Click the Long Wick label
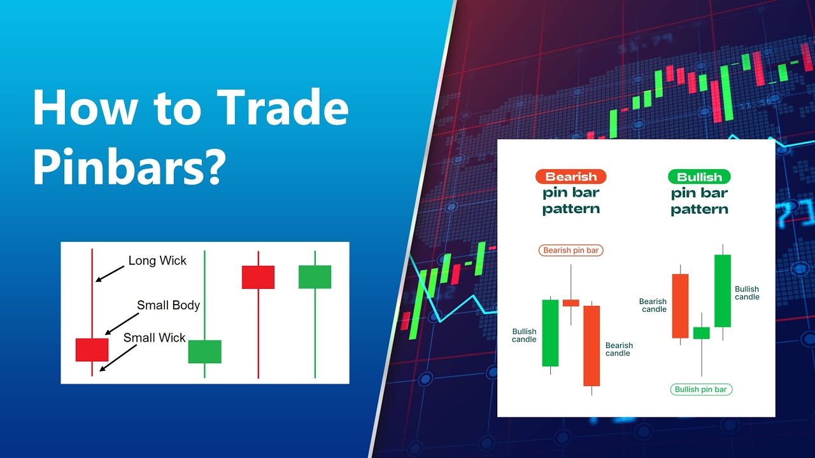tap(157, 260)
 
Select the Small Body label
tap(168, 305)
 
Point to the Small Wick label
tap(154, 338)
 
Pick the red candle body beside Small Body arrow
tap(92, 350)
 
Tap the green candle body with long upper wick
tap(204, 352)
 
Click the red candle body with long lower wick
tap(258, 277)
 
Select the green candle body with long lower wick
tap(315, 277)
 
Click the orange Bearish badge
tap(570, 177)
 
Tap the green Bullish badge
tap(699, 177)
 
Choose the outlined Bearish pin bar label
tap(570, 251)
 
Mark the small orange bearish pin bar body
tap(570, 303)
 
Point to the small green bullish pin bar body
tap(701, 333)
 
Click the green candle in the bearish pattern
tap(550, 333)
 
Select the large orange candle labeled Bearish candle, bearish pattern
tap(592, 345)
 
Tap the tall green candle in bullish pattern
tap(722, 291)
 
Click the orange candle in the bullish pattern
tap(680, 306)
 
